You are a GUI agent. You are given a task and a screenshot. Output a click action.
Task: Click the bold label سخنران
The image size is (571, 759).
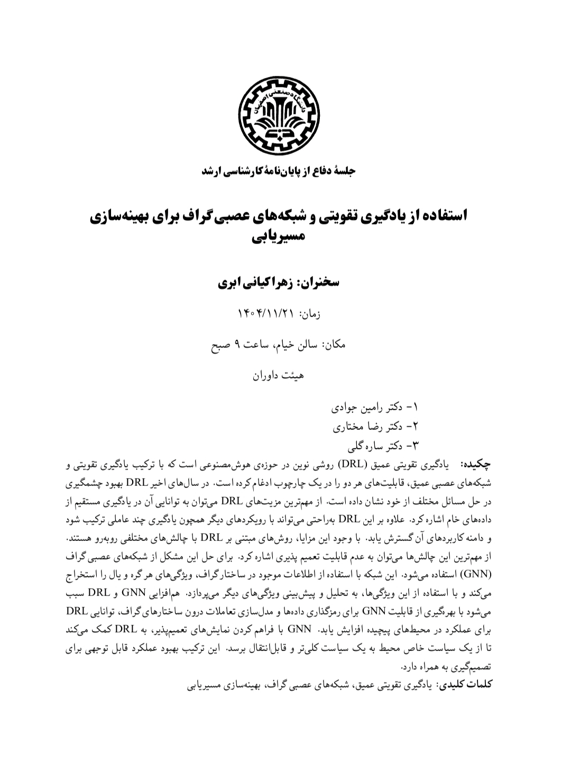click(320, 282)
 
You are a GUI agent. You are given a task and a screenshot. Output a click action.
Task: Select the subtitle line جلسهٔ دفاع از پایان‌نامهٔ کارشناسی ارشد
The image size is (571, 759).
click(279, 171)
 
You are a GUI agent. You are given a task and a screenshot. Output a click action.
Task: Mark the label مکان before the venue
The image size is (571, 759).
click(335, 345)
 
